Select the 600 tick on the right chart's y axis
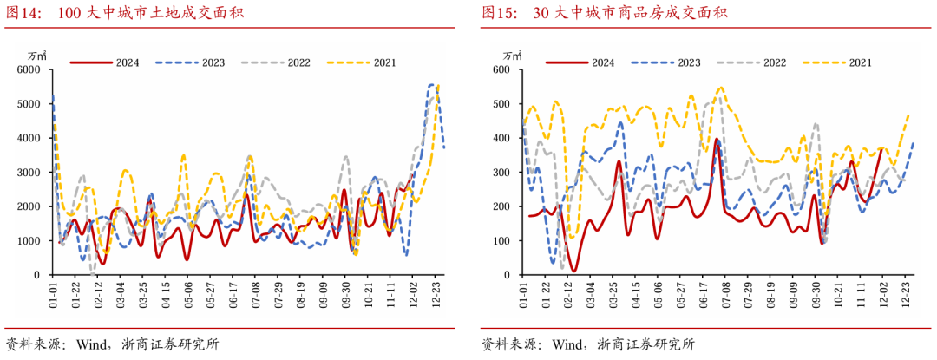(x=505, y=69)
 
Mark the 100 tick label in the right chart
(x=505, y=241)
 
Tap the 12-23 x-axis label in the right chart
(x=908, y=293)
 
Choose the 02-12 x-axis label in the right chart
(x=568, y=293)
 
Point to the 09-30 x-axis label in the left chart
(x=345, y=293)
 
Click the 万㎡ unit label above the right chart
(x=512, y=56)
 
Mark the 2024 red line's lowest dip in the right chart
(x=573, y=271)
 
